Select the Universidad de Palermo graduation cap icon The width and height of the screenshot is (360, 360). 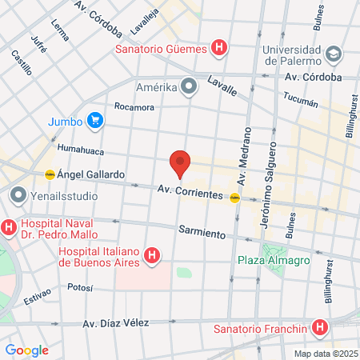334,54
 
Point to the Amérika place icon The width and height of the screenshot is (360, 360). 189,86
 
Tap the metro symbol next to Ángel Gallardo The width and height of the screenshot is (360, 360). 50,174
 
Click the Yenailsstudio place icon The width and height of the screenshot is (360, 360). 18,194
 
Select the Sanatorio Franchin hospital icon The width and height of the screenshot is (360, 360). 320,328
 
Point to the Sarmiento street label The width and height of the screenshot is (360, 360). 202,232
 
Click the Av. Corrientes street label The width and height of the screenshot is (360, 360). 189,191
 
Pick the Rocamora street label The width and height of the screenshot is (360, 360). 134,106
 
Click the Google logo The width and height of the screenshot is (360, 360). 26,350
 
